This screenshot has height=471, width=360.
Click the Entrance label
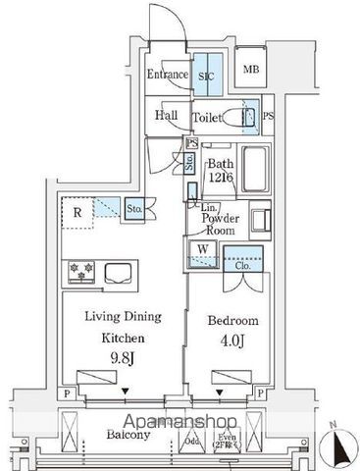pyautogui.click(x=169, y=75)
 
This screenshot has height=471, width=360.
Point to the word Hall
pyautogui.click(x=167, y=116)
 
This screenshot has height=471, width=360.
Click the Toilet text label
pyautogui.click(x=207, y=117)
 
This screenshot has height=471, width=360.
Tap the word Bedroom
pyautogui.click(x=233, y=321)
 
